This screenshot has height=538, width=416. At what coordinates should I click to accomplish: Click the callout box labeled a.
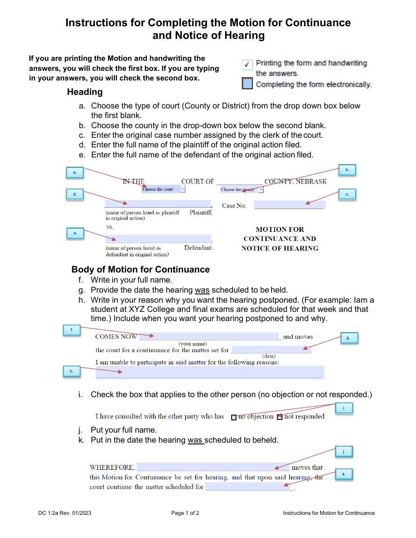coord(75,172)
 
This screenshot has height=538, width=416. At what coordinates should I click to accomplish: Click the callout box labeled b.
coord(347,170)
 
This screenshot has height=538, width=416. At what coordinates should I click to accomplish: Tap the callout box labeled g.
coord(348,338)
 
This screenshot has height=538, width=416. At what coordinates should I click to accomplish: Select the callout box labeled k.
coord(344,474)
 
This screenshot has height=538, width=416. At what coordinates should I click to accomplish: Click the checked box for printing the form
coord(247,65)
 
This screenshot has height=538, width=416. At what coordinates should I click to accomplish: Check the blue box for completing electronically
coord(247,84)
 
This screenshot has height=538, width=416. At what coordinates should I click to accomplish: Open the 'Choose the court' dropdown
coord(163,189)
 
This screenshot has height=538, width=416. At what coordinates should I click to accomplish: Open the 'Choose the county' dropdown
coord(242,189)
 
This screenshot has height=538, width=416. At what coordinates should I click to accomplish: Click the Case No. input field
coord(289,205)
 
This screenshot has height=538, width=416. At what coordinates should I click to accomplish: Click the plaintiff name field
coord(158,203)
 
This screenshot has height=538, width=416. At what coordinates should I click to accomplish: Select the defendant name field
coord(158,239)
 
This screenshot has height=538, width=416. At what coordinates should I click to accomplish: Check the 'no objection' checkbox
coord(234,417)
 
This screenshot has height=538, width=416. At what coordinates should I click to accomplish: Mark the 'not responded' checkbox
coord(280,417)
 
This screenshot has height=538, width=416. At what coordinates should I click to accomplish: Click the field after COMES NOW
coord(209,336)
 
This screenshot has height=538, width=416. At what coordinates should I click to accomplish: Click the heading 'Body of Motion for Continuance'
coord(141,269)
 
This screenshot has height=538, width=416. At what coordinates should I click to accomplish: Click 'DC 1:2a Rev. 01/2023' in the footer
coord(65,513)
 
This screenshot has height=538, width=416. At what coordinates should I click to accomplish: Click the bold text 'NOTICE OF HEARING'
coord(280,248)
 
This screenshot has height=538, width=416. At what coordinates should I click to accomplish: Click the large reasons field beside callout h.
coord(209,372)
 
